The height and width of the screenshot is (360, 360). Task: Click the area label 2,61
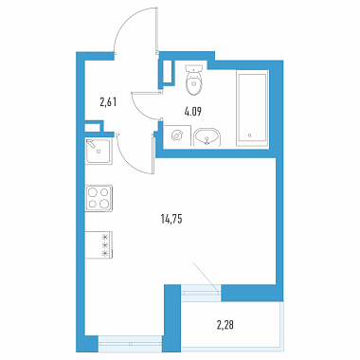[x=108, y=102]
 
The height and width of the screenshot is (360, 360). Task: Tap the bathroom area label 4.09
[x=193, y=112]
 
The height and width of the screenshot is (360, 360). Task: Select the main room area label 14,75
[x=171, y=219]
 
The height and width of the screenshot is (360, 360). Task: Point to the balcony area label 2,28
[x=225, y=325]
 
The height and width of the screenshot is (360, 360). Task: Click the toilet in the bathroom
[x=193, y=81]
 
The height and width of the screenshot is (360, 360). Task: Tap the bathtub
[x=253, y=109]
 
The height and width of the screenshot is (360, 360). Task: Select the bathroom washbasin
[x=207, y=137]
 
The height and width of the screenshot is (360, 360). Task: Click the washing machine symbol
[x=176, y=135]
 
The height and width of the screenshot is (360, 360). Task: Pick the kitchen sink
[x=99, y=152]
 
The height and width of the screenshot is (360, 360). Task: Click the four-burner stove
[x=99, y=198]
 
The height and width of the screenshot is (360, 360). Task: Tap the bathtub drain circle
[x=249, y=135]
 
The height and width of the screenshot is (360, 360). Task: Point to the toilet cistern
[x=193, y=68]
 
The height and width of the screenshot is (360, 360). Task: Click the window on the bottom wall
[x=130, y=344]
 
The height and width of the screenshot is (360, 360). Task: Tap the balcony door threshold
[x=201, y=293]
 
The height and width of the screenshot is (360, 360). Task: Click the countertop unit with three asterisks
[x=99, y=245]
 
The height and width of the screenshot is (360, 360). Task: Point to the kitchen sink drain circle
[x=99, y=152]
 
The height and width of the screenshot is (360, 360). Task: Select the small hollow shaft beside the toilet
[x=167, y=73]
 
